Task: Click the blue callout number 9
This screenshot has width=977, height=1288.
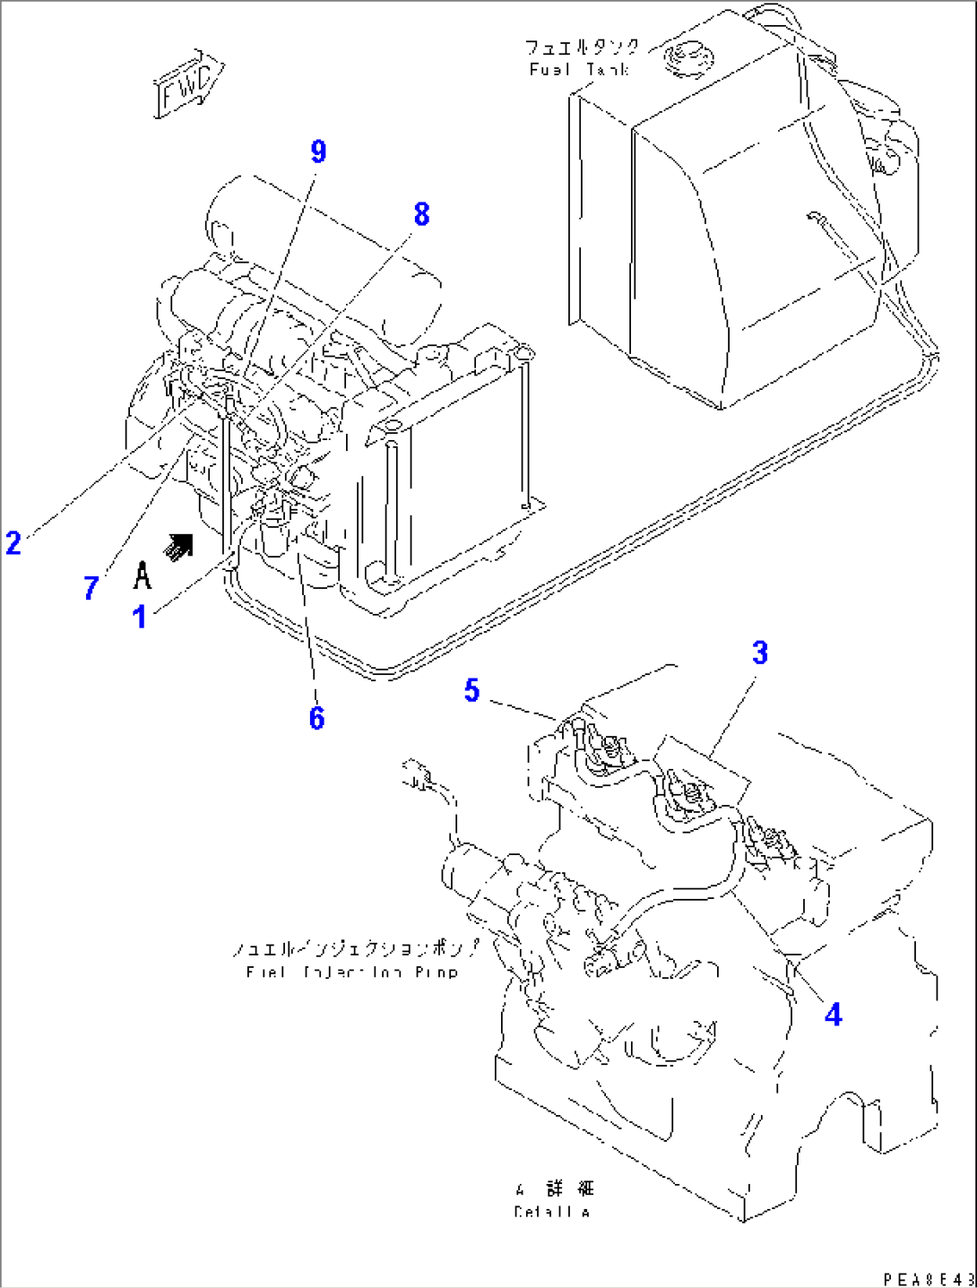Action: [318, 152]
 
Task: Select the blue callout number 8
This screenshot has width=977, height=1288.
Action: [421, 215]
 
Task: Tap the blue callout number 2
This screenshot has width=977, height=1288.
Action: [13, 543]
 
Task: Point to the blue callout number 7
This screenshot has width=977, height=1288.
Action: [91, 589]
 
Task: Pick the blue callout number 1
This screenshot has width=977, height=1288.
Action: [140, 618]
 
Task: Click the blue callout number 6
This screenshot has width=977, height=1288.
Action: [316, 718]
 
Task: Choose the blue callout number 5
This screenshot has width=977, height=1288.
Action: [471, 690]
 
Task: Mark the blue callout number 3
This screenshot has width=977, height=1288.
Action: [760, 653]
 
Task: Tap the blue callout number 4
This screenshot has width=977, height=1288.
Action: [833, 1015]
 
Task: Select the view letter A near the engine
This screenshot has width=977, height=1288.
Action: [143, 575]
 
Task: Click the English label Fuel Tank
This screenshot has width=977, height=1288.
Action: [579, 70]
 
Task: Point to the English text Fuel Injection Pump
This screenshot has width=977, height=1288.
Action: [351, 972]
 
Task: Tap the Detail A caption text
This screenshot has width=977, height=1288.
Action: [552, 1212]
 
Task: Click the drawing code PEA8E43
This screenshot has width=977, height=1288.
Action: [927, 1278]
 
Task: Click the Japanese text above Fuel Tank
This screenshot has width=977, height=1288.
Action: [583, 48]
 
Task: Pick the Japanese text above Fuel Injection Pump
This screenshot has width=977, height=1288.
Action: [356, 948]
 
